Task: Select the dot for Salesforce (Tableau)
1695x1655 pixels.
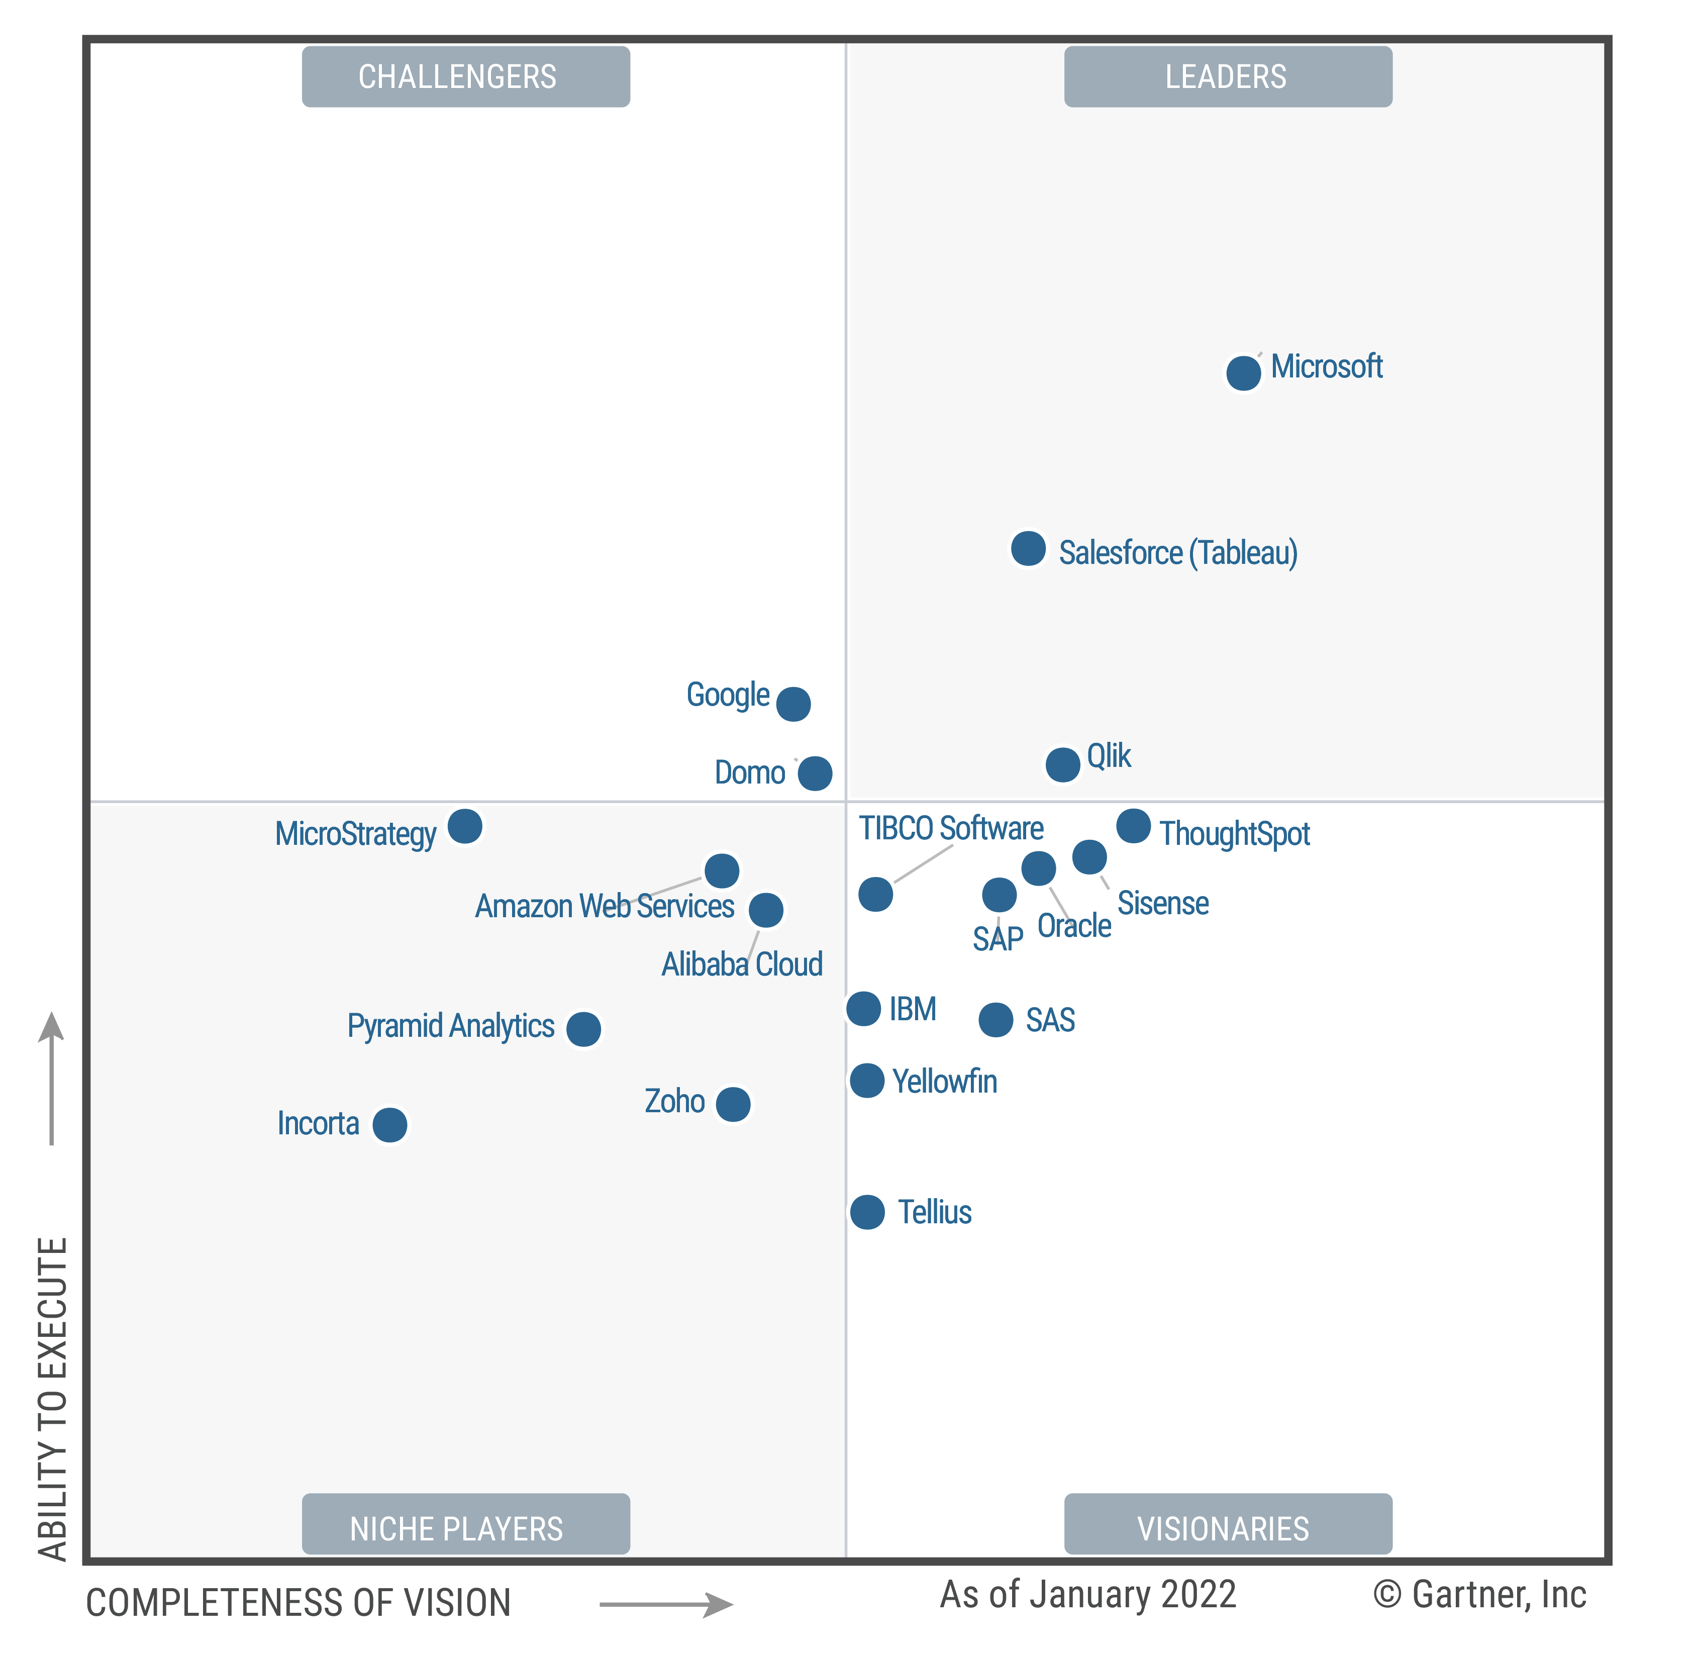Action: click(x=1028, y=548)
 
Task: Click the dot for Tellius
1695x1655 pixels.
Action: click(x=867, y=1212)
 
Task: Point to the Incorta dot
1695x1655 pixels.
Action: click(x=389, y=1125)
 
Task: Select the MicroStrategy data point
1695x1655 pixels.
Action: click(x=465, y=826)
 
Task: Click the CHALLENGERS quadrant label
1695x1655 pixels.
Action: click(x=466, y=76)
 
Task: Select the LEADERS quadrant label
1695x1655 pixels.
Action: click(x=1227, y=76)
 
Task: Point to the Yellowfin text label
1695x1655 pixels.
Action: click(x=945, y=1082)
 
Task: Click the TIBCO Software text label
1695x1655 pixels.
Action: click(x=951, y=828)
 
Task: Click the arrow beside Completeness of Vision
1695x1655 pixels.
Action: click(x=667, y=1604)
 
